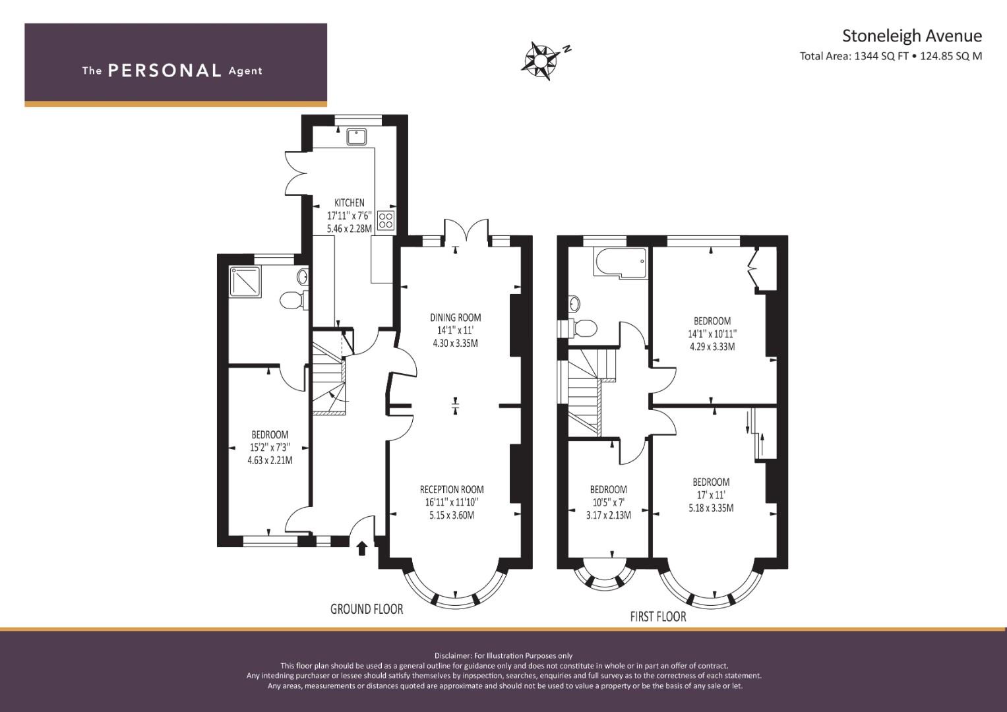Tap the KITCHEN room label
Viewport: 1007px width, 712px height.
[x=350, y=203]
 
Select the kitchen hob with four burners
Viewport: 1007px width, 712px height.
[x=386, y=221]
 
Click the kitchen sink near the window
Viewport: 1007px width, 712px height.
[x=357, y=136]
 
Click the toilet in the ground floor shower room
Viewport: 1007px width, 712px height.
[x=294, y=300]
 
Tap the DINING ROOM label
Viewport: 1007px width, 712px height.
[x=456, y=318]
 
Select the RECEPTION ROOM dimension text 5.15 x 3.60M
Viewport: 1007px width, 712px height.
[x=451, y=515]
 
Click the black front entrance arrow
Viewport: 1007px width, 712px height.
[x=362, y=549]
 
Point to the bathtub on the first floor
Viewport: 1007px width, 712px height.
[x=621, y=263]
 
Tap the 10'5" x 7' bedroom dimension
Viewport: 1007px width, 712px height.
[x=608, y=502]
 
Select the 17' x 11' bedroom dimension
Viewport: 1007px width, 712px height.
[x=711, y=495]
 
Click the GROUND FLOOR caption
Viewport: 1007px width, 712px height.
[x=367, y=609]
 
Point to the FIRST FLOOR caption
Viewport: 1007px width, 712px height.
[x=658, y=616]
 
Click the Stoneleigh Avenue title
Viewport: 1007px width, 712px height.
[x=911, y=36]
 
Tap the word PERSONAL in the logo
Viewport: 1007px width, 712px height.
[x=165, y=71]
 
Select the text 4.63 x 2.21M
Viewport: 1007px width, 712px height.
[x=270, y=460]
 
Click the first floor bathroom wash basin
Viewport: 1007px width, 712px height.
[x=574, y=305]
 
